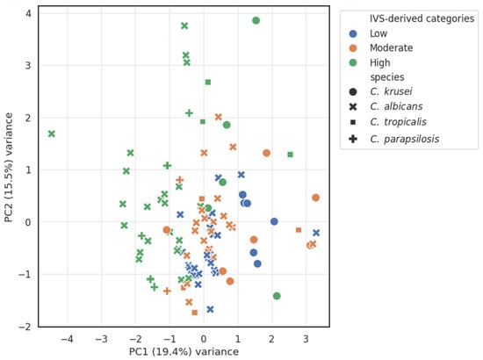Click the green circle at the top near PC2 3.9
[256, 20]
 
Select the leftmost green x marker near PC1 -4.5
[52, 134]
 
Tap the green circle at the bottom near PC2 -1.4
[277, 296]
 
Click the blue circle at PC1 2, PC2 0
[274, 221]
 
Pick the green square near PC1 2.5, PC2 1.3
[290, 155]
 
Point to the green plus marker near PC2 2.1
[189, 113]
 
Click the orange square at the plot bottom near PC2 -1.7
[195, 313]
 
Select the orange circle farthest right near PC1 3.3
[315, 198]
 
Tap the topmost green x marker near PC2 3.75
[184, 25]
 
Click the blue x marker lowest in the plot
[210, 309]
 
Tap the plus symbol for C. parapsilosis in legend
[353, 139]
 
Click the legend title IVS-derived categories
[422, 18]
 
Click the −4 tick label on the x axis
[67, 340]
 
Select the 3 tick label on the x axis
[306, 340]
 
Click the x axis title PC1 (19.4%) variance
[184, 352]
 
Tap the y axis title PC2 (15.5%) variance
[9, 167]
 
